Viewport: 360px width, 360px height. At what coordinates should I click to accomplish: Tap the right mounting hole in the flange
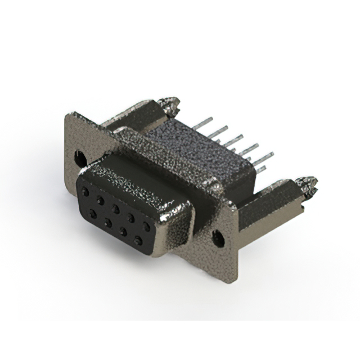[218, 238]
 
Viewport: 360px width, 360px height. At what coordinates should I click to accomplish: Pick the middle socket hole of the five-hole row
[115, 209]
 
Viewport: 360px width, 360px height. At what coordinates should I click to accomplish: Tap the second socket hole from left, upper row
[100, 200]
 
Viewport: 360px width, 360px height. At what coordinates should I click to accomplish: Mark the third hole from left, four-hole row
[123, 231]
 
